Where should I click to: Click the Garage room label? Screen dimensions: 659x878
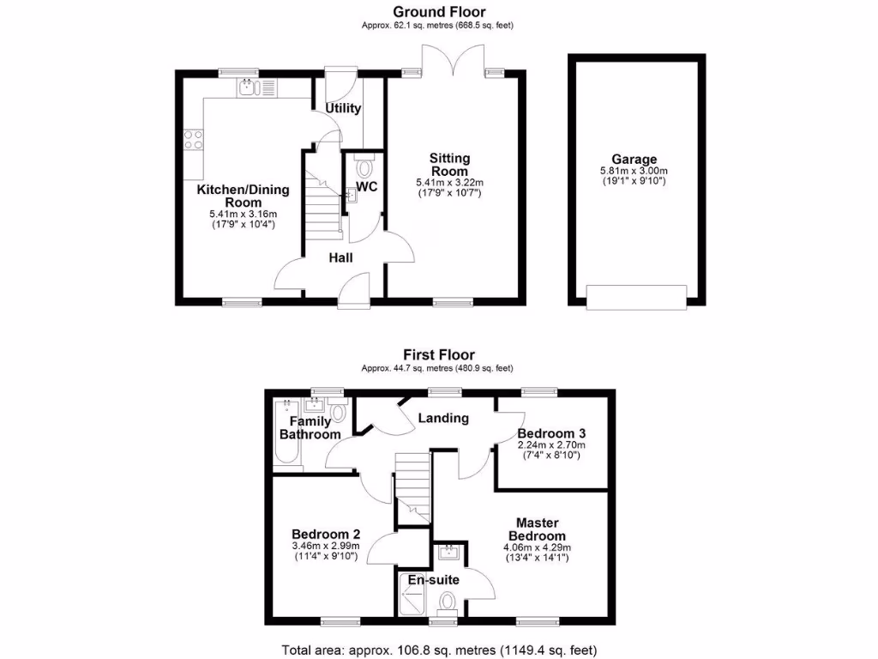tap(634, 159)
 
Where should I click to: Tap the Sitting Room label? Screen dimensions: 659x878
tap(450, 164)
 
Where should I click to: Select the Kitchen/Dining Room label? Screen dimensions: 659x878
tap(244, 196)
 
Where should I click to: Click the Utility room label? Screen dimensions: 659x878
tap(343, 108)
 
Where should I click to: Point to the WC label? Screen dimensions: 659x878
tap(367, 186)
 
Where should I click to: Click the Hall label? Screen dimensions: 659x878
tap(340, 257)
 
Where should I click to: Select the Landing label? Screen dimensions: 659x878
tap(443, 418)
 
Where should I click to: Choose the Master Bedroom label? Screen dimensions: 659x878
tap(538, 529)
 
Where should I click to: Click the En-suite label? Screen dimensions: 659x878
tap(433, 580)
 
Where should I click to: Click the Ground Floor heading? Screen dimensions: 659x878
tap(439, 12)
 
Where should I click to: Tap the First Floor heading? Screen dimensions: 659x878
tap(439, 354)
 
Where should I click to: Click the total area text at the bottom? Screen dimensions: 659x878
tap(439, 649)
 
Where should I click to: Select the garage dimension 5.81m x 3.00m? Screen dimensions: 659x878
tap(634, 171)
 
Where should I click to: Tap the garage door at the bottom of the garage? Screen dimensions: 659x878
tap(636, 297)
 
